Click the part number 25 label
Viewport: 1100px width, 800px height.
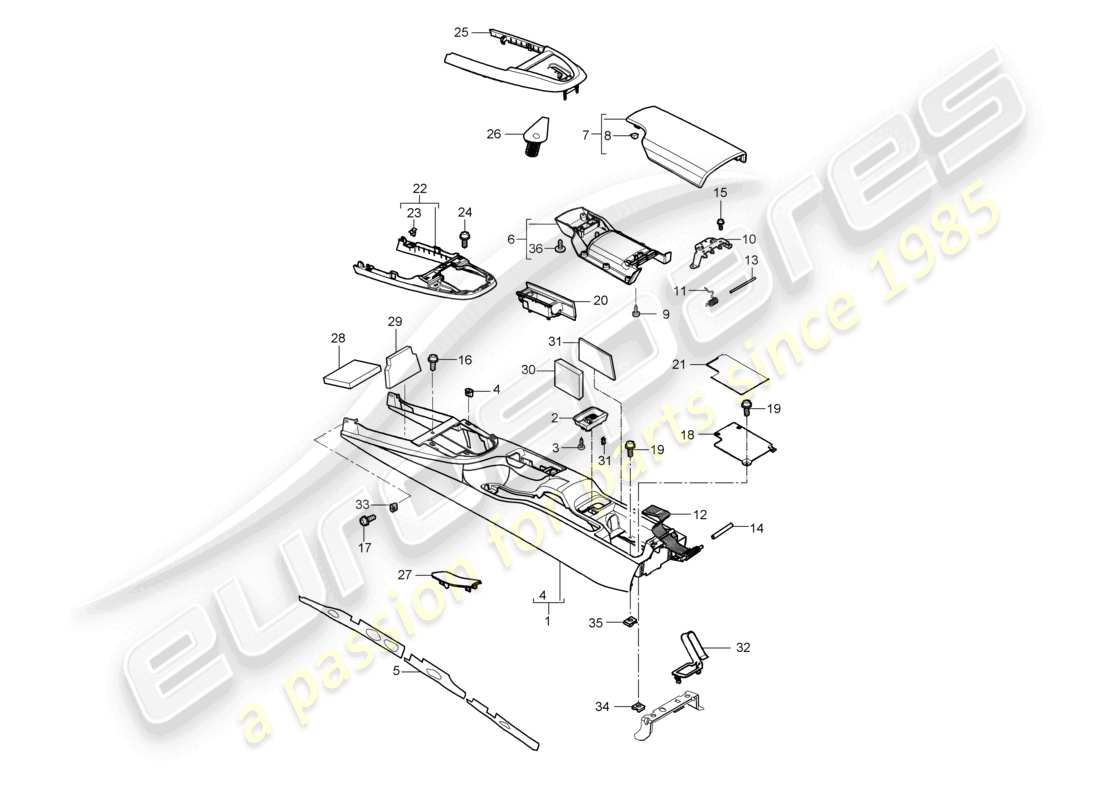pos(461,32)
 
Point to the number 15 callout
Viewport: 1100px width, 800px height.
pos(720,191)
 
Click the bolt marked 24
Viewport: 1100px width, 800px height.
pos(464,238)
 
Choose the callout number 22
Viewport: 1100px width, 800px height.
pos(420,188)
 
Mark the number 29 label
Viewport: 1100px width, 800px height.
pos(394,321)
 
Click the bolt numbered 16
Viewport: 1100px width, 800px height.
pos(434,362)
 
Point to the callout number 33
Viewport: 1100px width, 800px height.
pos(362,504)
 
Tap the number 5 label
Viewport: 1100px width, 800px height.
pos(396,672)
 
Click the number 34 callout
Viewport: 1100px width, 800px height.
pos(600,708)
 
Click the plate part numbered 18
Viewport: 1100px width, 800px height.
pos(742,442)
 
